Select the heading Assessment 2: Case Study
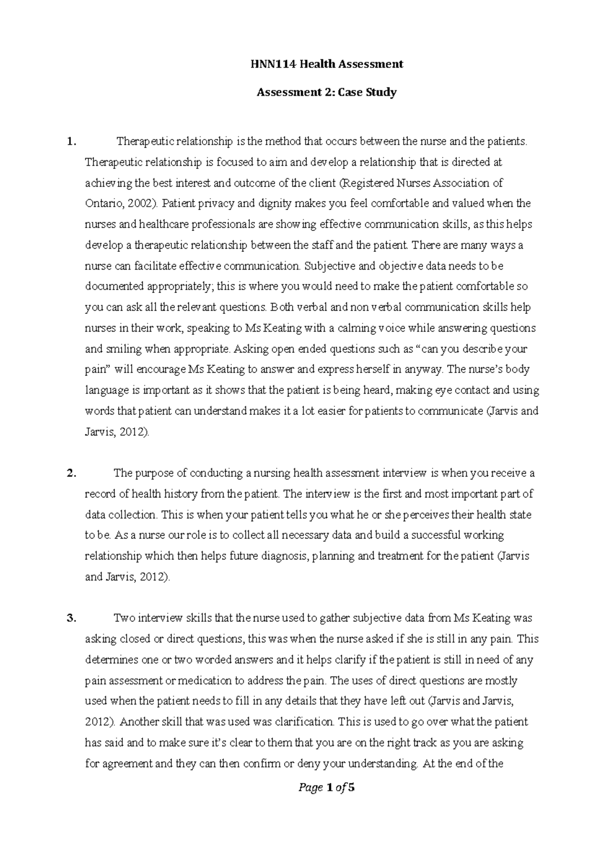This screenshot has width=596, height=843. pos(326,92)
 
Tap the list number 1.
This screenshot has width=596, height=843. pos(72,142)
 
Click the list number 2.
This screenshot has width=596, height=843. pos(72,473)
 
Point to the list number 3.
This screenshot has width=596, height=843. pos(72,619)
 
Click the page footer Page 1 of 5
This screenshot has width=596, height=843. pos(326,788)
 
